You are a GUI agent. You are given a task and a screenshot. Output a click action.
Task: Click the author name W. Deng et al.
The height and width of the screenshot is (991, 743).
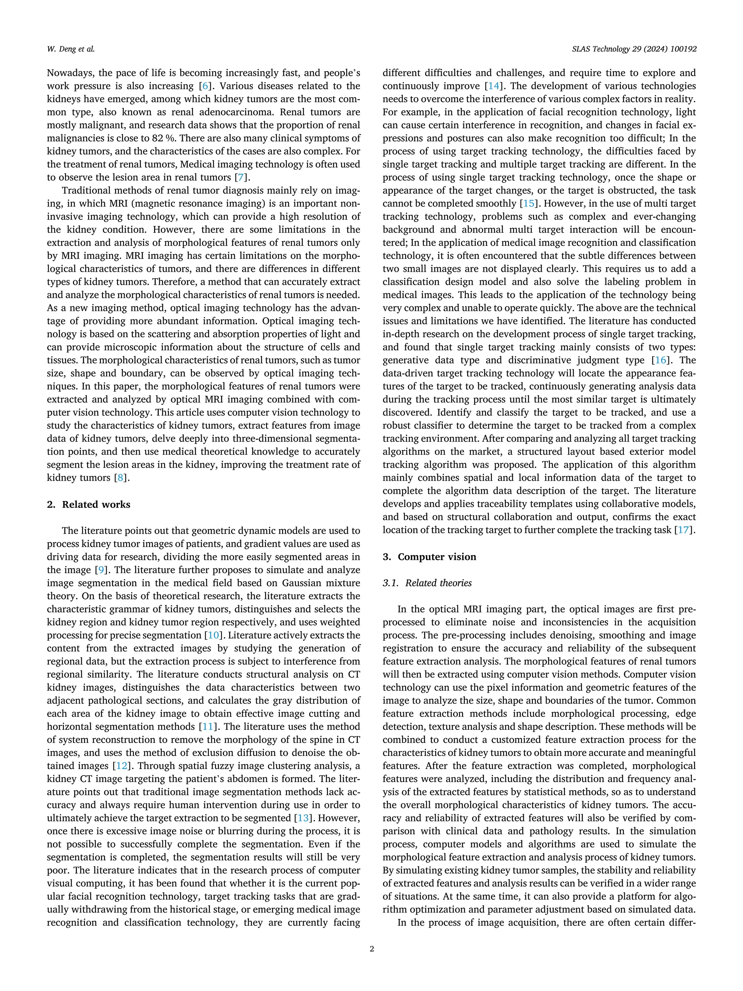[70, 49]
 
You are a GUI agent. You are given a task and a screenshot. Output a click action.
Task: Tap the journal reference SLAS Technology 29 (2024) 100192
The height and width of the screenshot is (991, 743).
[634, 49]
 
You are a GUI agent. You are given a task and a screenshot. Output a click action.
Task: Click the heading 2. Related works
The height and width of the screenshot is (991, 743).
[88, 504]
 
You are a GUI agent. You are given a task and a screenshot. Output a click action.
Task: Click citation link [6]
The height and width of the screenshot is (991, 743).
[205, 86]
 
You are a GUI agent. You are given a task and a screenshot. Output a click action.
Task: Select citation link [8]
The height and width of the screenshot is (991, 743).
[120, 478]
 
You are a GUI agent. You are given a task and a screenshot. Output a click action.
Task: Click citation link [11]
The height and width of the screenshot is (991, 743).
[208, 727]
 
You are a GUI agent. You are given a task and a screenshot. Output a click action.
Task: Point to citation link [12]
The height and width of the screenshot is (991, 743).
[122, 766]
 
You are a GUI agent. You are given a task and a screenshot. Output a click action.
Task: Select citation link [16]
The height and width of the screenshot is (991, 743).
[660, 360]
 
